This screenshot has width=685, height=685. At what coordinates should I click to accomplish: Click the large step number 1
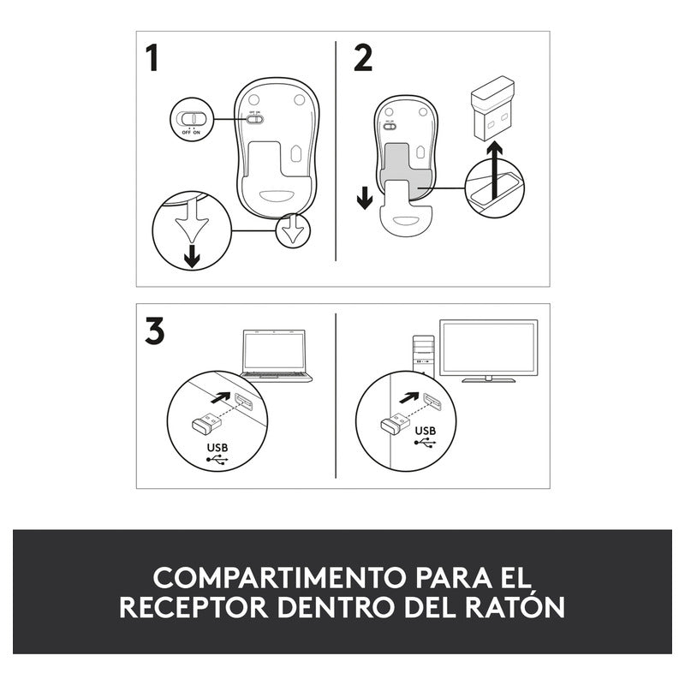click(x=152, y=58)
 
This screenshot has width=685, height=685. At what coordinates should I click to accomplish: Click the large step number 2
click(x=363, y=58)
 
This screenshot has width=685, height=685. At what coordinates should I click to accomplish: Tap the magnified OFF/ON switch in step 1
click(x=191, y=118)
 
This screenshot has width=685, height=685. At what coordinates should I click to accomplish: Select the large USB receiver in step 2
click(x=492, y=109)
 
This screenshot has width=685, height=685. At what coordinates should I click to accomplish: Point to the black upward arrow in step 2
click(x=495, y=170)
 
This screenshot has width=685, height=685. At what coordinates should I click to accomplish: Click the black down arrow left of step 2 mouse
click(x=365, y=198)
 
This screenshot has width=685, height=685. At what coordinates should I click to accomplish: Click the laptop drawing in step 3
click(x=277, y=356)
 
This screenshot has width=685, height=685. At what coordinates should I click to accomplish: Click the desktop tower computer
click(x=423, y=356)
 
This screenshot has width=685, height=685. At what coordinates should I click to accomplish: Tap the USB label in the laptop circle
click(x=217, y=448)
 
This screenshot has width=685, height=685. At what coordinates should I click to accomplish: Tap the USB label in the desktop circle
click(x=426, y=432)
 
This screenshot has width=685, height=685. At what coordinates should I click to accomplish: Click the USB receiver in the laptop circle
click(x=206, y=422)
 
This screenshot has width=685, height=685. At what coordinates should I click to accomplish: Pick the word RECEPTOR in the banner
click(x=194, y=607)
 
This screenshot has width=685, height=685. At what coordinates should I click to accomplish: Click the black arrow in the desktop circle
click(x=409, y=398)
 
